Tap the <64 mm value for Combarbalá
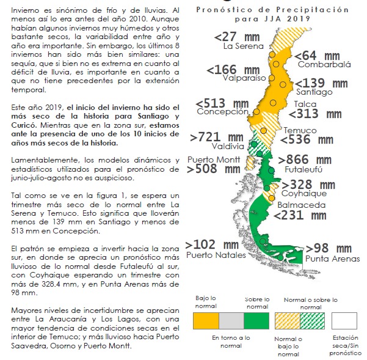pyautogui.click(x=317, y=56)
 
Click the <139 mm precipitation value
pyautogui.click(x=325, y=83)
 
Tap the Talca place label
pyautogui.click(x=305, y=104)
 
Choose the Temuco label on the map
pyautogui.click(x=300, y=131)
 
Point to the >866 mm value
pyautogui.click(x=305, y=160)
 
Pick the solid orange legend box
pyautogui.click(x=206, y=320)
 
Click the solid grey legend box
pyautogui.click(x=231, y=320)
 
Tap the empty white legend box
pyautogui.click(x=344, y=320)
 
